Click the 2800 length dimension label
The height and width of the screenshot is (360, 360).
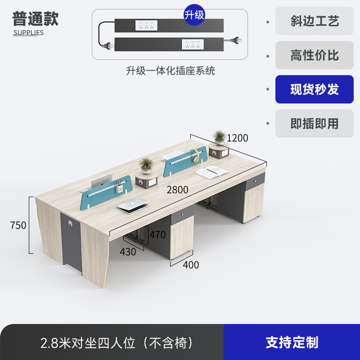pyautogui.click(x=177, y=190)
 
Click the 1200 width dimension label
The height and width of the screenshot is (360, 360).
pyautogui.click(x=237, y=138)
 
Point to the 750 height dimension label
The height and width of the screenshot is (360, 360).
pyautogui.click(x=18, y=225)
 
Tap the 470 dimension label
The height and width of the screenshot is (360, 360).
pyautogui.click(x=157, y=234)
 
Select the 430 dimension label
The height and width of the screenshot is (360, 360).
pyautogui.click(x=128, y=252)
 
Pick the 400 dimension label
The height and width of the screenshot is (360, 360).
pyautogui.click(x=191, y=265)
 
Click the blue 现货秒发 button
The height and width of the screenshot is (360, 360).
pyautogui.click(x=314, y=89)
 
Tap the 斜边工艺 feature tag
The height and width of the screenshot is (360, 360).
pyautogui.click(x=314, y=21)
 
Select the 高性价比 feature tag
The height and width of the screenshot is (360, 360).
pyautogui.click(x=314, y=55)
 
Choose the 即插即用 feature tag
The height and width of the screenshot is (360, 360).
pyautogui.click(x=314, y=123)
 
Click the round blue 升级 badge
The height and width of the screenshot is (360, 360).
pyautogui.click(x=194, y=15)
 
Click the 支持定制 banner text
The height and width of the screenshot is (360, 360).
pyautogui.click(x=292, y=342)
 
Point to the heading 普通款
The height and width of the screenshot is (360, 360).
pyautogui.click(x=36, y=19)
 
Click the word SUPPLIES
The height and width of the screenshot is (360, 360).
pyautogui.click(x=28, y=32)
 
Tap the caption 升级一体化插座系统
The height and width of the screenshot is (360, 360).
pyautogui.click(x=170, y=71)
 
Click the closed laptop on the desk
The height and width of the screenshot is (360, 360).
pyautogui.click(x=131, y=205)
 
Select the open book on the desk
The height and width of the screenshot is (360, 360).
pyautogui.click(x=211, y=171)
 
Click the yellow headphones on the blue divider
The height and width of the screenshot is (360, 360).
pyautogui.click(x=195, y=154)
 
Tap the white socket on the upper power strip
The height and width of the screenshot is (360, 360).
pyautogui.click(x=146, y=25)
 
